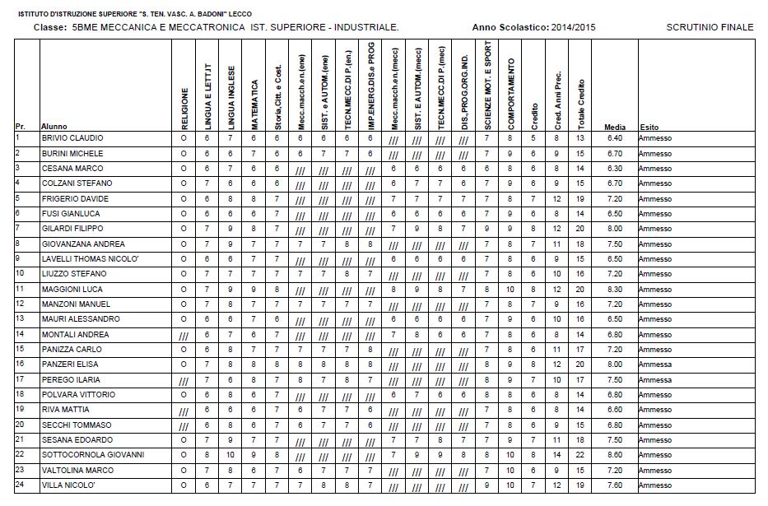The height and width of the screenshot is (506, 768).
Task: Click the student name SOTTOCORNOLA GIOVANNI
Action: point(93,455)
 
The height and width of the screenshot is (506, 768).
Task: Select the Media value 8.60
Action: point(613,455)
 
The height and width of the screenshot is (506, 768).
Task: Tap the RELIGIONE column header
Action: point(184,108)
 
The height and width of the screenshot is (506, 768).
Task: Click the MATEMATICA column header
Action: point(254,104)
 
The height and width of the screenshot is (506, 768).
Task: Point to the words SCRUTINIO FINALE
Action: point(710,27)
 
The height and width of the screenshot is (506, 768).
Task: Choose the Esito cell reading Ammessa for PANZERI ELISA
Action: point(654,364)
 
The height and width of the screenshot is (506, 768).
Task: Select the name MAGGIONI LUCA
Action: point(72,289)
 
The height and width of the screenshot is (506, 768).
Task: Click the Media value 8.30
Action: point(613,289)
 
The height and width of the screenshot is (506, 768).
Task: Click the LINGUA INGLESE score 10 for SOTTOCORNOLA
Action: point(230,455)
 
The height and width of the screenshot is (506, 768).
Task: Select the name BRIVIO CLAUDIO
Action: point(72,138)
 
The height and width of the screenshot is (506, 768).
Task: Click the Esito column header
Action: point(649,128)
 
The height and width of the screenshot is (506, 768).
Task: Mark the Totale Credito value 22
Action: point(580,455)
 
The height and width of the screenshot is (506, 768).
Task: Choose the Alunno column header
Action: point(52,128)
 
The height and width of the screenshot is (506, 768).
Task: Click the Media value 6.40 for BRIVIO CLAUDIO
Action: point(613,138)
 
